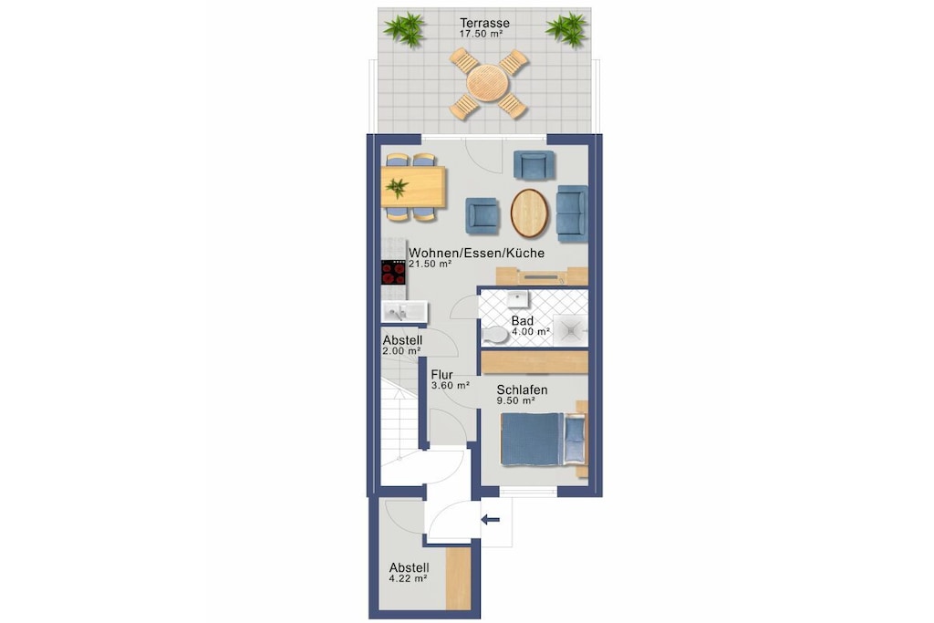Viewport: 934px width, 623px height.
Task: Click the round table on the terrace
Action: [x=488, y=83]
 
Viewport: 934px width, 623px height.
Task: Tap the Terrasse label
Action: [x=484, y=23]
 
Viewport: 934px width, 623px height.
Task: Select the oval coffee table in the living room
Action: [x=529, y=213]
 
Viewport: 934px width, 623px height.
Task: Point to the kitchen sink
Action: [x=404, y=312]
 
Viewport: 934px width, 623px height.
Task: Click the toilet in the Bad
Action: [x=495, y=336]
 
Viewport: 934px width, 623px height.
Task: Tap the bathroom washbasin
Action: [x=518, y=298]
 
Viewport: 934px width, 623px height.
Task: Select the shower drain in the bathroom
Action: [x=571, y=329]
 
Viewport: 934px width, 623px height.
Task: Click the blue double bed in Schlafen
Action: [x=532, y=439]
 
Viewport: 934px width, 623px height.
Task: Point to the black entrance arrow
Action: [x=490, y=520]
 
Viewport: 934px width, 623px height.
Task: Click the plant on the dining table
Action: [x=397, y=188]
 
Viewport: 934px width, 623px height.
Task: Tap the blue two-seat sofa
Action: [x=572, y=213]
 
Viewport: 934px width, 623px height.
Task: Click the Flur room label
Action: [x=442, y=375]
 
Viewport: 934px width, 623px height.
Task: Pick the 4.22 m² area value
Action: [x=408, y=578]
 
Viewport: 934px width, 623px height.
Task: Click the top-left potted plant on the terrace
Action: [x=404, y=28]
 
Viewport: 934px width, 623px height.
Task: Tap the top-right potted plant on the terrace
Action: [x=567, y=28]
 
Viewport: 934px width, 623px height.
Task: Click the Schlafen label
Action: [x=523, y=390]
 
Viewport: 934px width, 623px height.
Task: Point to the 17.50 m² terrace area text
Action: [x=482, y=34]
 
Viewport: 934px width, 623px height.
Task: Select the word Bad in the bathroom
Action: [x=523, y=321]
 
